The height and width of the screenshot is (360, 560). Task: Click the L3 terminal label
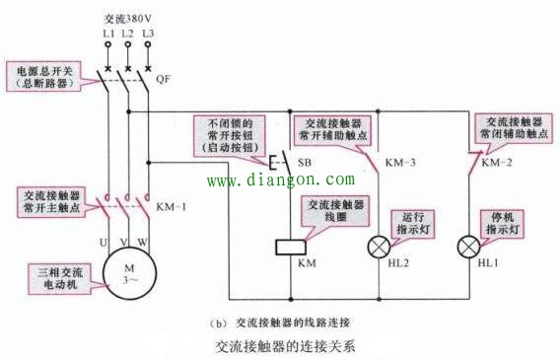(x=148, y=34)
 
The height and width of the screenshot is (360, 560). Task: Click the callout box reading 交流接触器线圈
(x=335, y=211)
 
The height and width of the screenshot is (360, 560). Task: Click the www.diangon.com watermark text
(x=279, y=180)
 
